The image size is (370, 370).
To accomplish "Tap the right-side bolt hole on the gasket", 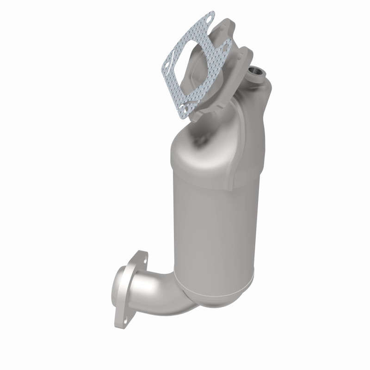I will (x=227, y=45).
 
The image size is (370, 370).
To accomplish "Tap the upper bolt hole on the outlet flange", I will (x=141, y=262).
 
